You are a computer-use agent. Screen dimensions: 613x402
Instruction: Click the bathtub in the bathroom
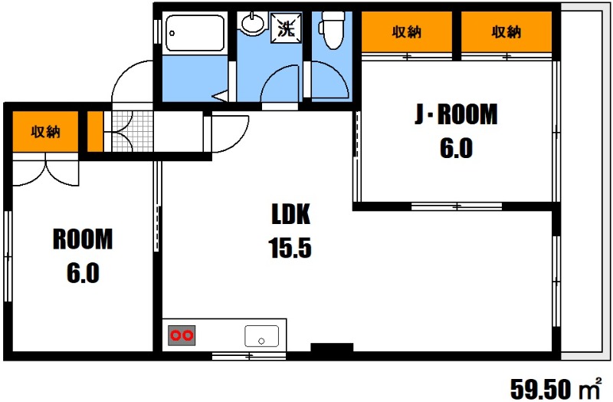[x=195, y=33]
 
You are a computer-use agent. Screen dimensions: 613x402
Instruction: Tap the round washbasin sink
[x=252, y=23]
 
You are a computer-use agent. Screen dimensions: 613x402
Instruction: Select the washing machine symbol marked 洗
[x=286, y=28]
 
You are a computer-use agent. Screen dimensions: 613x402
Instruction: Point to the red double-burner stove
[x=182, y=335]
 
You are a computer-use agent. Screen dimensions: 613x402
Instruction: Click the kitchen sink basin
[x=261, y=336]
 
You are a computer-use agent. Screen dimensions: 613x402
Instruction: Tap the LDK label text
[x=291, y=214]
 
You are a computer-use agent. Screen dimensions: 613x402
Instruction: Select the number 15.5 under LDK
[x=290, y=248]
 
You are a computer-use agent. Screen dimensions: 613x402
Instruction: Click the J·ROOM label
[x=456, y=114]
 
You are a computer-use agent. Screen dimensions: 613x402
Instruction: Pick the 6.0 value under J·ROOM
[x=456, y=148]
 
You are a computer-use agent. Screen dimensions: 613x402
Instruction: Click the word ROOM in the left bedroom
[x=83, y=239]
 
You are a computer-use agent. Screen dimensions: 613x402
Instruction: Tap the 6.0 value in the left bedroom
[x=83, y=273]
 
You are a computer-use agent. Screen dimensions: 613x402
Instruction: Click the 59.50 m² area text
[x=556, y=388]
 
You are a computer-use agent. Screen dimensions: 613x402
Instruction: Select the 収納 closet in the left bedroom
[x=45, y=131]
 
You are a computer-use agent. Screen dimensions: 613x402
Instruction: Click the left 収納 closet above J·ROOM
[x=407, y=31]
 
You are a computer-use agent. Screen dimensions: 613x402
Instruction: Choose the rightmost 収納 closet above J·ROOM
[x=506, y=31]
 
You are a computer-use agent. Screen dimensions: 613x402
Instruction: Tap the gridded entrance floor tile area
[x=132, y=131]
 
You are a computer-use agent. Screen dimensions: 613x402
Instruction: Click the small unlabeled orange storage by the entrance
[x=95, y=131]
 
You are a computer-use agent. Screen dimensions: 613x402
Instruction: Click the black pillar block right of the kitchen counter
[x=332, y=348]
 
